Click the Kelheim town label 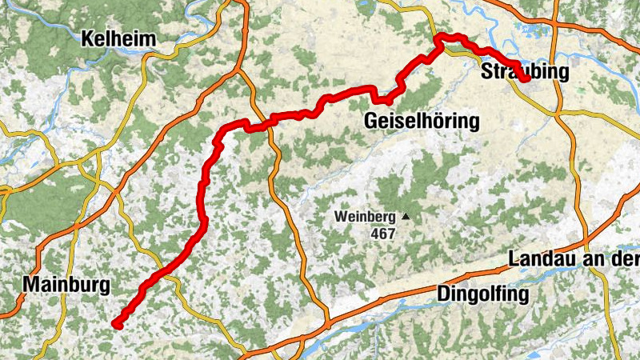point(118,38)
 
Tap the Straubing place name point(526,72)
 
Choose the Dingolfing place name point(483,294)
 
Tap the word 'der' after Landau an point(625,261)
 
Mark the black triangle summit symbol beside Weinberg point(406,216)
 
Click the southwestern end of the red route point(117,323)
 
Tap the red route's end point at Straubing point(526,79)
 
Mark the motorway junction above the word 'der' point(588,240)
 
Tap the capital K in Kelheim point(87,38)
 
